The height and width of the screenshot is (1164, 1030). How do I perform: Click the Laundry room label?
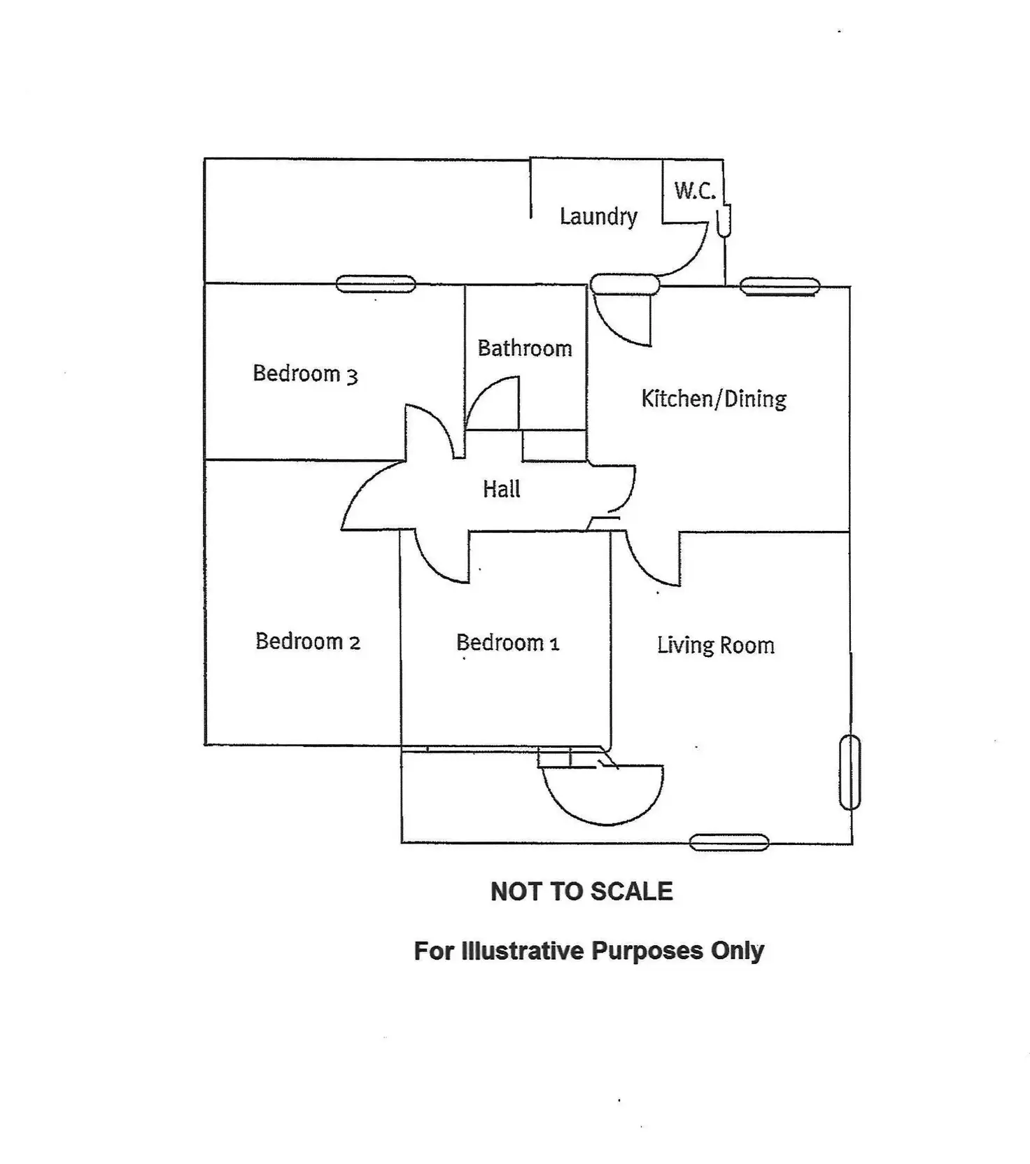coord(598,216)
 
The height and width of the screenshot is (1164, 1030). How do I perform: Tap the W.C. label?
coord(695,190)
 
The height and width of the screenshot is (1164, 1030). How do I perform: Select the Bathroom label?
coord(525,348)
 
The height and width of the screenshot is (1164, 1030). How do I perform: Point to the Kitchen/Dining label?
coord(714,399)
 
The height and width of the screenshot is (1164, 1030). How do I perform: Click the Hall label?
coord(502,488)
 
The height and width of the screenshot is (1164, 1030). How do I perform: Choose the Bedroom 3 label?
coord(305,374)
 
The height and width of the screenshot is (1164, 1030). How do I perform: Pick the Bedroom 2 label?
coord(308,641)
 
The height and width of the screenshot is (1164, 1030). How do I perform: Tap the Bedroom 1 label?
coord(508,642)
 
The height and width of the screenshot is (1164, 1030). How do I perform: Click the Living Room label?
coord(716,645)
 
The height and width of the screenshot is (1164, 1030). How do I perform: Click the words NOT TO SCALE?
coord(581,891)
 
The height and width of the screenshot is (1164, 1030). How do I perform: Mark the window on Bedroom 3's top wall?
coord(376,284)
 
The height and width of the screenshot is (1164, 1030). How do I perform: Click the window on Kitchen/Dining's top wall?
coord(779,286)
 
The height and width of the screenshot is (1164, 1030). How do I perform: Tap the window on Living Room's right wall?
coord(849,772)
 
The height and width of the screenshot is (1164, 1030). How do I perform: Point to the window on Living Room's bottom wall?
coord(729,843)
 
